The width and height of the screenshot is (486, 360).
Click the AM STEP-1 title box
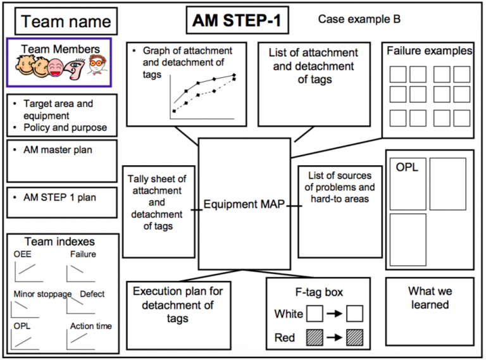(x=237, y=21)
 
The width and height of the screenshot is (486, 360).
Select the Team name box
(x=66, y=22)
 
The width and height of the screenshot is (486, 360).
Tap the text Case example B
(x=359, y=19)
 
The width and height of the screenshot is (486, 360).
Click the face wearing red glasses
(x=97, y=66)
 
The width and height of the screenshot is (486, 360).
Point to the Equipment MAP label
(x=244, y=205)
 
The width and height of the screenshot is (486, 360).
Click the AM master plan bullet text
(x=58, y=150)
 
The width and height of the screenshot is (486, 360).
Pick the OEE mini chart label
(x=22, y=254)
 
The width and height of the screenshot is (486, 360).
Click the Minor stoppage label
(x=42, y=294)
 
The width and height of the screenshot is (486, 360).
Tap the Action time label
(x=91, y=326)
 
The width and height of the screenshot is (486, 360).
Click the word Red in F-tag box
(x=285, y=338)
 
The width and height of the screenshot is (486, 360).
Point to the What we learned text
(x=430, y=298)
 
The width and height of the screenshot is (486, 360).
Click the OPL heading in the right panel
(x=407, y=168)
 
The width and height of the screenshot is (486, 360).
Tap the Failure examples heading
(x=429, y=51)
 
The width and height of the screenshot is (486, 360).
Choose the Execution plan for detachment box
(x=178, y=305)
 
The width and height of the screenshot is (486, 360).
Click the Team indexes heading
(x=59, y=242)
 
